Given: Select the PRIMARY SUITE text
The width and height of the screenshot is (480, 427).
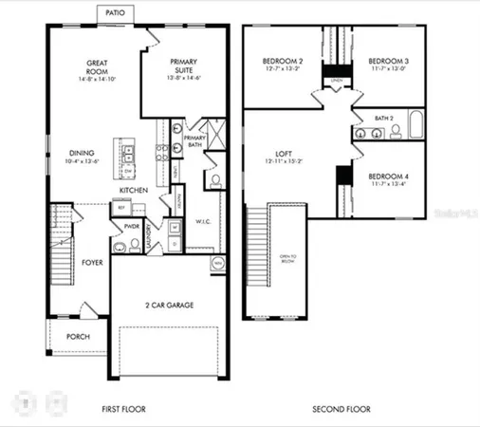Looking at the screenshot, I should coord(183,66).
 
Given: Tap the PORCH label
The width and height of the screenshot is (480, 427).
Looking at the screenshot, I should coord(79,337).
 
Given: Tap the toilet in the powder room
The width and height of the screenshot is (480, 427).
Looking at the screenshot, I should coord(120,248).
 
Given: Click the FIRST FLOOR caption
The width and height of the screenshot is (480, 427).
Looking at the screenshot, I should coord(128,409).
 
